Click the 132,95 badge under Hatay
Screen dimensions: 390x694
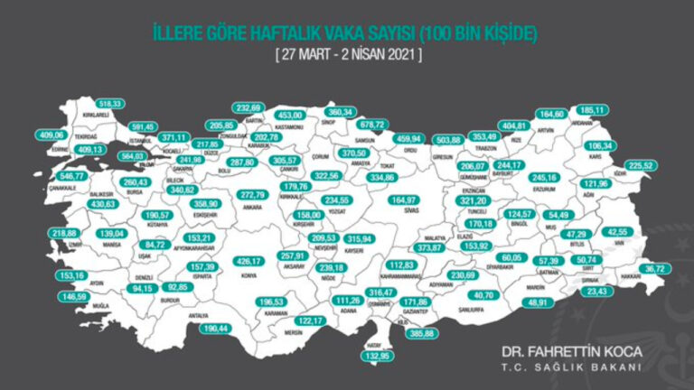click(x=379, y=357)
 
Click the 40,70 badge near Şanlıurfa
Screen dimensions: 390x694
click(x=485, y=295)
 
